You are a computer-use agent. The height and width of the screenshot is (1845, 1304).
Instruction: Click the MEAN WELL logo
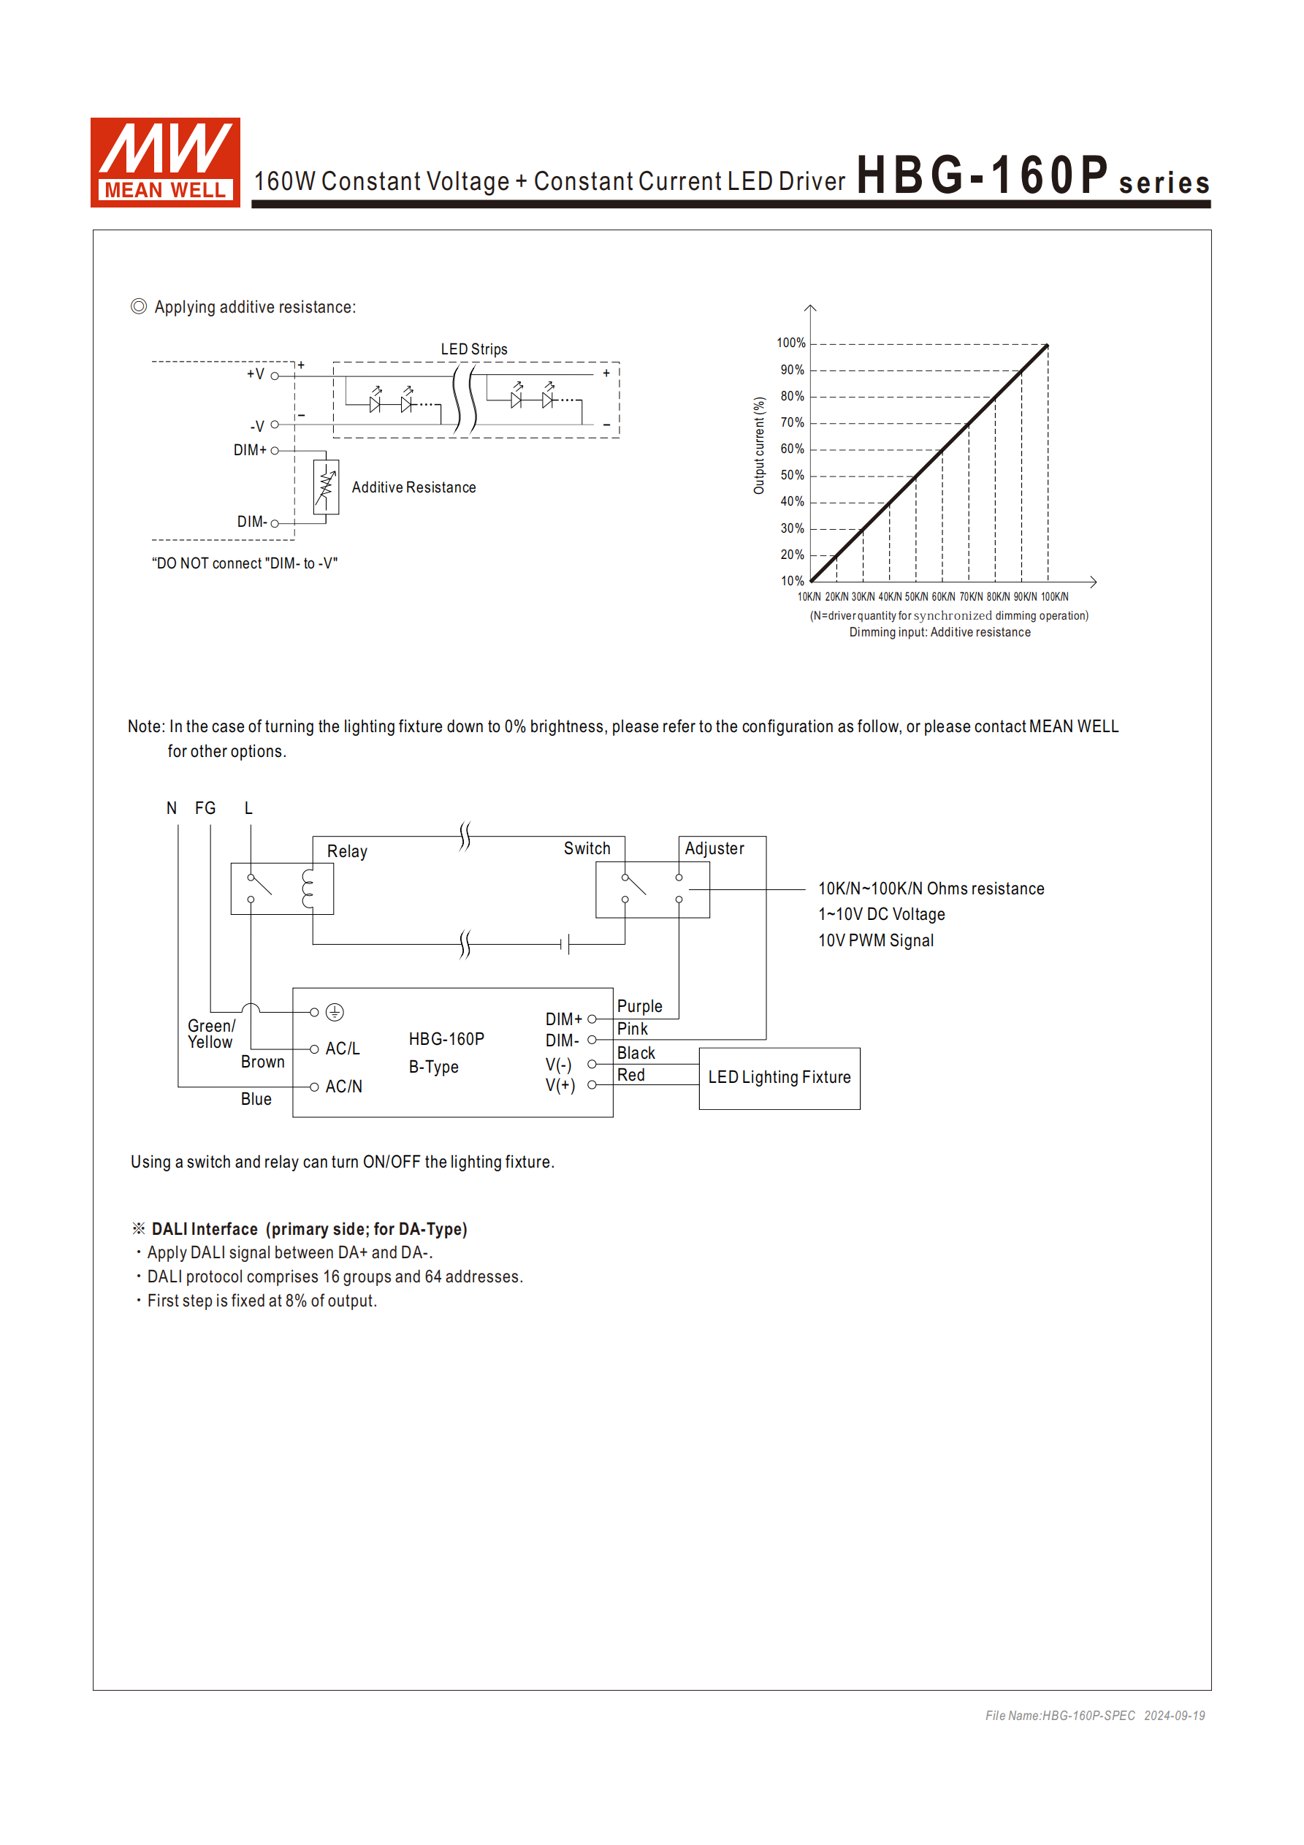tap(164, 162)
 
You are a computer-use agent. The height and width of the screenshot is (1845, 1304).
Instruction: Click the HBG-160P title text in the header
tap(982, 175)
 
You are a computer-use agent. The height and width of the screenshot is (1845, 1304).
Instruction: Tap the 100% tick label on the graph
tap(790, 343)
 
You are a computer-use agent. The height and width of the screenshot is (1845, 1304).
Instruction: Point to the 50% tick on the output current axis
tap(792, 476)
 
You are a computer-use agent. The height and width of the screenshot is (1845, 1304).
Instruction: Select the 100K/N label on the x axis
tap(1054, 597)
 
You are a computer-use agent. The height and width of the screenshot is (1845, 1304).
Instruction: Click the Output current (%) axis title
tap(759, 445)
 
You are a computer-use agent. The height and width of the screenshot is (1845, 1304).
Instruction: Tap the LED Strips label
tap(474, 349)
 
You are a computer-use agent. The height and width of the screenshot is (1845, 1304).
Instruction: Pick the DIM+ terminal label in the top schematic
tap(250, 450)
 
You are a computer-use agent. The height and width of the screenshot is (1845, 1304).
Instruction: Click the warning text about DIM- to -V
tap(244, 563)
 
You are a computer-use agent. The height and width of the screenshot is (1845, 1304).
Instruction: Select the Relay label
tap(347, 852)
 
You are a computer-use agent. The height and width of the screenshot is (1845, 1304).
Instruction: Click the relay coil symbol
tap(307, 889)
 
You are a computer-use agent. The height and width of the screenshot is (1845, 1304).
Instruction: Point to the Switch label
tap(587, 848)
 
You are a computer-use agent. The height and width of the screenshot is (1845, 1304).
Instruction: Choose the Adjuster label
tap(714, 848)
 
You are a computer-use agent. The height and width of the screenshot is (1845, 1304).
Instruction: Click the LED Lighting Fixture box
tap(779, 1079)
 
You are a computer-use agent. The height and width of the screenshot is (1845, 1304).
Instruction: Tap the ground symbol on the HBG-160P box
tap(335, 1013)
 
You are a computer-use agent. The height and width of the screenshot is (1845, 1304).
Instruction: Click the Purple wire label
tap(639, 1007)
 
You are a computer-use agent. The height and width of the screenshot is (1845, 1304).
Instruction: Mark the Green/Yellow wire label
tap(210, 1034)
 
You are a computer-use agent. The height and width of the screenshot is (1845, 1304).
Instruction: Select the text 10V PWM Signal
tap(876, 941)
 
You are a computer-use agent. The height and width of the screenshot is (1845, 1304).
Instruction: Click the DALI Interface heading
tap(308, 1230)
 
